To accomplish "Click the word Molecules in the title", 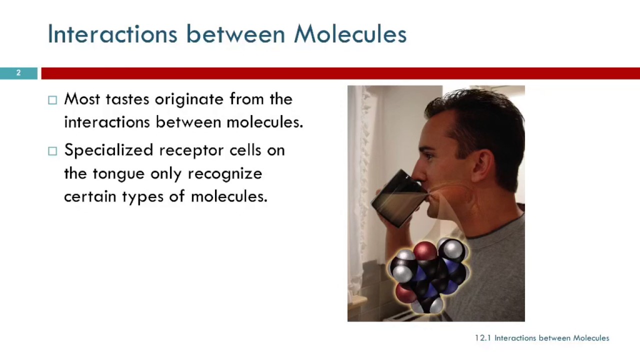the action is point(350,34).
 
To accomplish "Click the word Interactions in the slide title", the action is point(112,34).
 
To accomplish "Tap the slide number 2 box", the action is point(18,73).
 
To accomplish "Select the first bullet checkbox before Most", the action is point(52,100).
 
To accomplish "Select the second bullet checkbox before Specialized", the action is point(52,151).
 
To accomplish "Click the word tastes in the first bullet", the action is point(127,99).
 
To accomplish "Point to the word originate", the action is point(189,99).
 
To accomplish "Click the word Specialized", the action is point(108,150).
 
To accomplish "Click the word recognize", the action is point(225,173).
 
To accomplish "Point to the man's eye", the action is point(434,145).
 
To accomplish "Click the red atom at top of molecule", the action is point(425,250).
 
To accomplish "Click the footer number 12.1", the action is point(482,338).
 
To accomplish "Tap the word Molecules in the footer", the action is point(591,338).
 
